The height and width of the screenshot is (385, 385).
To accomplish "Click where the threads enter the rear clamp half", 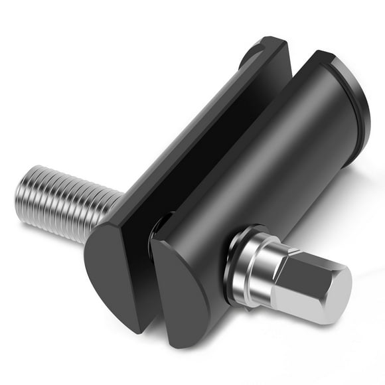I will click(x=119, y=202).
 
